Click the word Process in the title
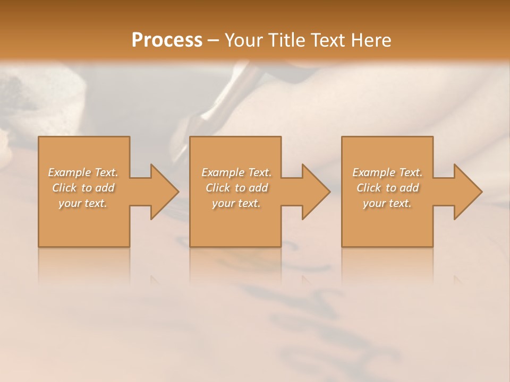coord(167,40)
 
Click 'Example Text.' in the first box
coord(83,172)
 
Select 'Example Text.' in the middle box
coord(236,172)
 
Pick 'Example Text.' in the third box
coord(387,172)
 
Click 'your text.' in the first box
coord(83,203)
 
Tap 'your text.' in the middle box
coord(236,203)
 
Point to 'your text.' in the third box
coord(387,203)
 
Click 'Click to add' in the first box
coord(83,188)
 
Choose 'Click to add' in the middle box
coord(236,188)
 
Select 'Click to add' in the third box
coord(387,188)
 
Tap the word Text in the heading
coord(325,40)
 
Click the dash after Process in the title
coord(214,41)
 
